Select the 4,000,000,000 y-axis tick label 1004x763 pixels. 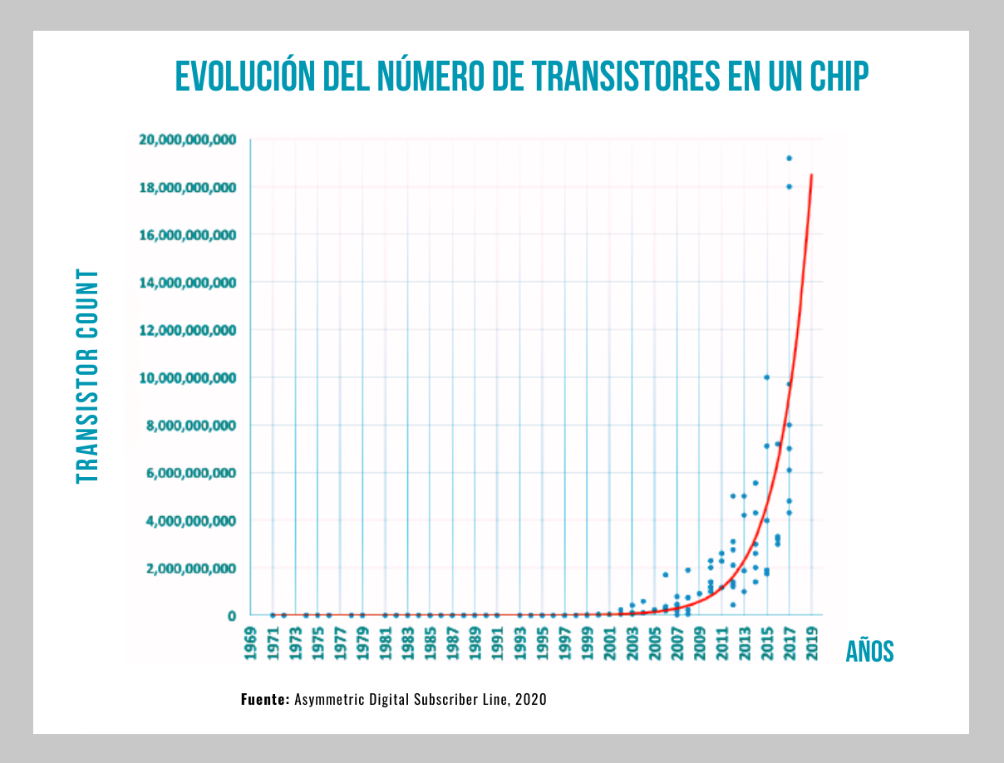tap(188, 521)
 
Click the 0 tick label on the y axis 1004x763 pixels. tap(232, 616)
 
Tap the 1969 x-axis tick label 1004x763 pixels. tap(250, 641)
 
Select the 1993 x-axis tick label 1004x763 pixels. tap(519, 641)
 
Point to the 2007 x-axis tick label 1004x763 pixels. tap(677, 641)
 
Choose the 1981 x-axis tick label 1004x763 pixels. tap(385, 641)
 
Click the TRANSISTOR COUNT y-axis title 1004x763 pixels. tap(87, 377)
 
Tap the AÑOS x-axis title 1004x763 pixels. tap(869, 652)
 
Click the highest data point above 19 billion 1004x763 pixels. tap(789, 158)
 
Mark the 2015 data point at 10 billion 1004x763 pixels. tap(766, 377)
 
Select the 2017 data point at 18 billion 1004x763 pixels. tap(789, 186)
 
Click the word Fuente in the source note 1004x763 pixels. tap(265, 699)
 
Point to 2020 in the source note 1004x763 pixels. tap(530, 699)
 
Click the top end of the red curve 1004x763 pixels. tap(811, 175)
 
